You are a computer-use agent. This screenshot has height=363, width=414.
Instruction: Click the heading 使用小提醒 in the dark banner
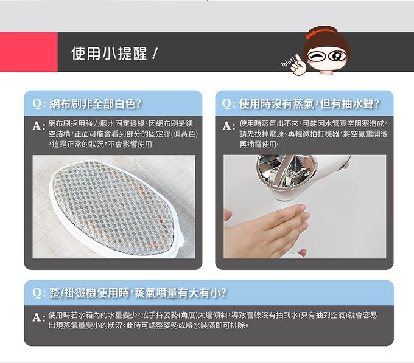click(x=109, y=54)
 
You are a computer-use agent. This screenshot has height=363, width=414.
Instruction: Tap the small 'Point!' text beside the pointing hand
click(x=287, y=62)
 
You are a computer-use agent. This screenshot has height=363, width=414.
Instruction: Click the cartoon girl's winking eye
click(x=315, y=56)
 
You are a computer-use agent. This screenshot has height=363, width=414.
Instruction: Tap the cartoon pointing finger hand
click(x=298, y=66)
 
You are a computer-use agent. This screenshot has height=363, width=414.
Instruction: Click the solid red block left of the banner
click(x=29, y=52)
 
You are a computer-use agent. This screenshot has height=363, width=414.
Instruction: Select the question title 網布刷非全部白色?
click(x=96, y=103)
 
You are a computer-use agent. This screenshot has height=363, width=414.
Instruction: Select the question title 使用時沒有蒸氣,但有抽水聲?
click(x=309, y=103)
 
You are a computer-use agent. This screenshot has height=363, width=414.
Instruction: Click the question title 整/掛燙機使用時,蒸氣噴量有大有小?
click(x=138, y=293)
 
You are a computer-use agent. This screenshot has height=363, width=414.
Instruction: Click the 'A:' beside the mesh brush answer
click(x=39, y=126)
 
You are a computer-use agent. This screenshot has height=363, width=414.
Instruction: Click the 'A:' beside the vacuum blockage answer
click(x=229, y=126)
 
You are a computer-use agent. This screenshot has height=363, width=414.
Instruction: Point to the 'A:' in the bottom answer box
click(x=39, y=317)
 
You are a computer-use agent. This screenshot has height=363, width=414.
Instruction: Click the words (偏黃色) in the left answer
click(x=184, y=134)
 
